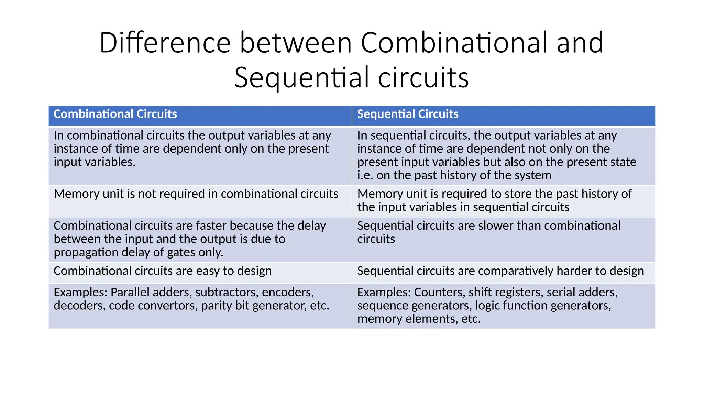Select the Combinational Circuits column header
(115, 114)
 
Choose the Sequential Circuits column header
(408, 114)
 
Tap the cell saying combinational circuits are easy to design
(163, 271)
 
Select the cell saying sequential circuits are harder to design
(500, 271)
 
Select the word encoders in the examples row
(288, 293)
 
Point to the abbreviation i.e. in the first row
(365, 176)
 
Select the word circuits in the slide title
(423, 78)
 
